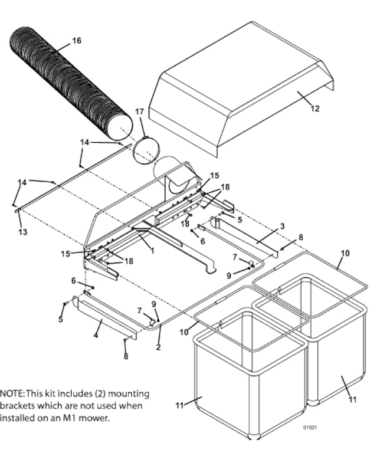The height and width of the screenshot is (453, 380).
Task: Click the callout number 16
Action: click(x=77, y=41)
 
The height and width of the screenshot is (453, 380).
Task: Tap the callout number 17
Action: click(x=139, y=111)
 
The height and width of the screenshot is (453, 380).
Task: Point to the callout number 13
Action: click(x=22, y=232)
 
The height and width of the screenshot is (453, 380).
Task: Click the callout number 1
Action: click(x=152, y=251)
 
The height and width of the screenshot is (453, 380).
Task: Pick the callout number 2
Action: click(x=158, y=347)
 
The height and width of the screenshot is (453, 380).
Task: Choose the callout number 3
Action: click(x=282, y=226)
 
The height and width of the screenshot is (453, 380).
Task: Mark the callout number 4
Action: click(x=96, y=334)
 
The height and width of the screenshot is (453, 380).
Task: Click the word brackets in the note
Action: click(x=18, y=406)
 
